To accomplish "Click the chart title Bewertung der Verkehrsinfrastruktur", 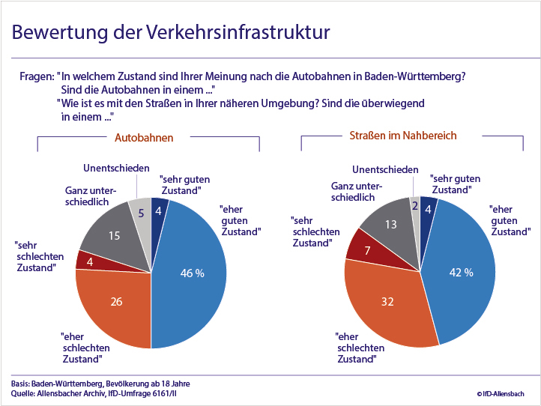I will [171, 33].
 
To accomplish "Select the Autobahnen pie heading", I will [144, 138].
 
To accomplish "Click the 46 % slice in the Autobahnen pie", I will [190, 273].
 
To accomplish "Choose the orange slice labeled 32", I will [387, 300].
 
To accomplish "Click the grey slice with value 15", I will [112, 235].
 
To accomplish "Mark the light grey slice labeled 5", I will [140, 213].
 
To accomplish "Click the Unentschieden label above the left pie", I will [116, 169].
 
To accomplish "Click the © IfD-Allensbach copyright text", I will [500, 393].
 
